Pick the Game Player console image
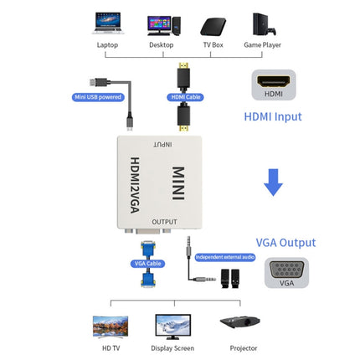point(263,23)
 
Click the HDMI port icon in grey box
point(274,85)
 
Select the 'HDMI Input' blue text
point(273,116)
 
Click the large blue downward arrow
point(274,182)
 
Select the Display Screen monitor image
point(172,326)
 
